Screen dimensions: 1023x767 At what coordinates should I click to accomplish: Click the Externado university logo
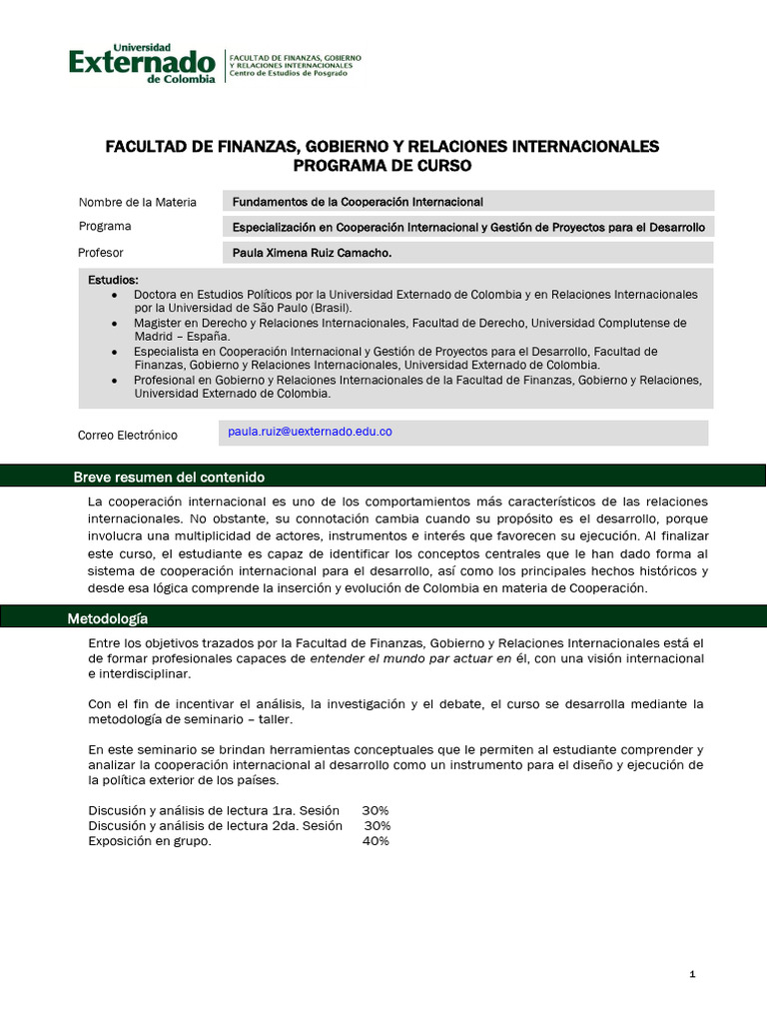pyautogui.click(x=142, y=64)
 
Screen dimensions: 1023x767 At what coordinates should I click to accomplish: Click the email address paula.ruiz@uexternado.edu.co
pyautogui.click(x=310, y=432)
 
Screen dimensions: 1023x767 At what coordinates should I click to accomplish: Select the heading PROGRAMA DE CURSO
pyautogui.click(x=383, y=165)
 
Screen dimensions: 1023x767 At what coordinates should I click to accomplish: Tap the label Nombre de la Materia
pyautogui.click(x=137, y=202)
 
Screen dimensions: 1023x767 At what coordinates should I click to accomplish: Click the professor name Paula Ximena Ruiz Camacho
pyautogui.click(x=312, y=254)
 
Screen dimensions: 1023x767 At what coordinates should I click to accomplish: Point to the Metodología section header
pyautogui.click(x=108, y=618)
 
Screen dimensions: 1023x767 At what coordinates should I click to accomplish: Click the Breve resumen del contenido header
pyautogui.click(x=169, y=477)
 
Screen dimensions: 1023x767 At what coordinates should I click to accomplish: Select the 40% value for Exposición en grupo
pyautogui.click(x=376, y=841)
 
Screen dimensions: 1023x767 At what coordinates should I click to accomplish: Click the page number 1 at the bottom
pyautogui.click(x=692, y=975)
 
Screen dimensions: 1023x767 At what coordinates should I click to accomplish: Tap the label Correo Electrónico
pyautogui.click(x=128, y=436)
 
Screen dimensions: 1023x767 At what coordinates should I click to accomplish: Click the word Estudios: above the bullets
pyautogui.click(x=114, y=280)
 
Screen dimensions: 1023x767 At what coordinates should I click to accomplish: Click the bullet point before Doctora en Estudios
pyautogui.click(x=115, y=296)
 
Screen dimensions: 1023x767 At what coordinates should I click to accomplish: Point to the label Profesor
pyautogui.click(x=101, y=253)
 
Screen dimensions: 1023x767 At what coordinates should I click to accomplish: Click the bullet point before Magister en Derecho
pyautogui.click(x=115, y=324)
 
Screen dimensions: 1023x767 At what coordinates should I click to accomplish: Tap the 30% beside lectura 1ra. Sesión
pyautogui.click(x=376, y=810)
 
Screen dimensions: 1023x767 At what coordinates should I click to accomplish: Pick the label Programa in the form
pyautogui.click(x=105, y=227)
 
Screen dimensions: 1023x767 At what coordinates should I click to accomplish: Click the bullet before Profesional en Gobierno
pyautogui.click(x=115, y=380)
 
